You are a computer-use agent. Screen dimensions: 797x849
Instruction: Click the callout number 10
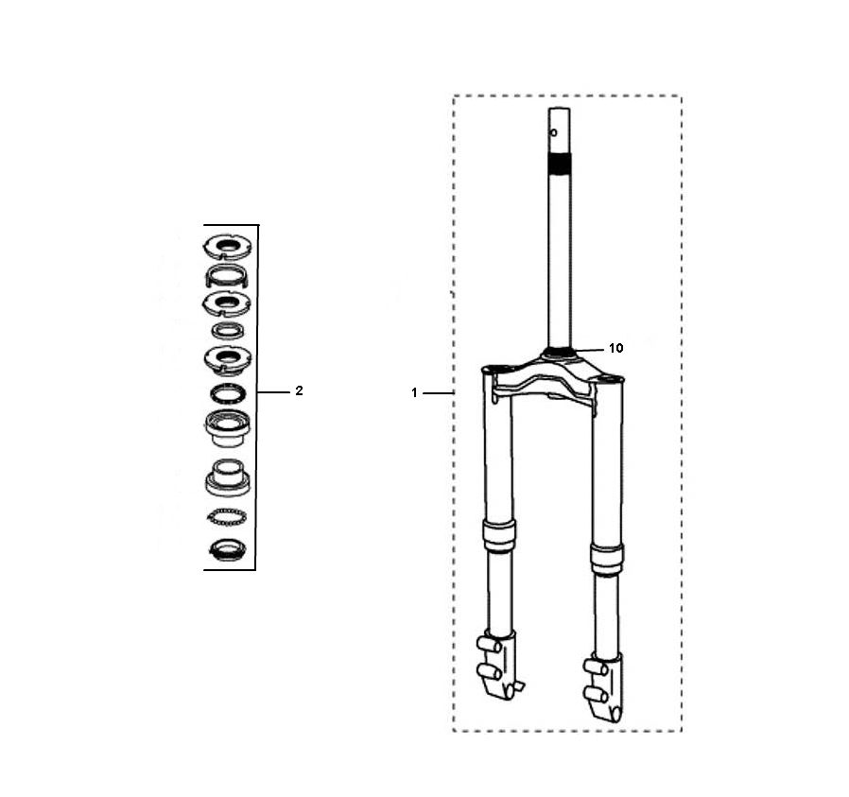pos(615,348)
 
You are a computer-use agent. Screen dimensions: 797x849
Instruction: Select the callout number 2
pos(299,390)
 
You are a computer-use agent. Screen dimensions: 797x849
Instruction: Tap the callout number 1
pos(414,392)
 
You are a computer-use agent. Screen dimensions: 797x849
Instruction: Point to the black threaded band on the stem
pos(559,165)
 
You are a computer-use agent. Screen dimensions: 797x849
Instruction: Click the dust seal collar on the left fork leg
pos(498,534)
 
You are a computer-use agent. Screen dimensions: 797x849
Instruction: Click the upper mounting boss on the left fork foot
pos(488,645)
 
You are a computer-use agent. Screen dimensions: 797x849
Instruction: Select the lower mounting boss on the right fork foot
pos(596,695)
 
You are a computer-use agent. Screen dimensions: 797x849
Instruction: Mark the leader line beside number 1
pos(440,392)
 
